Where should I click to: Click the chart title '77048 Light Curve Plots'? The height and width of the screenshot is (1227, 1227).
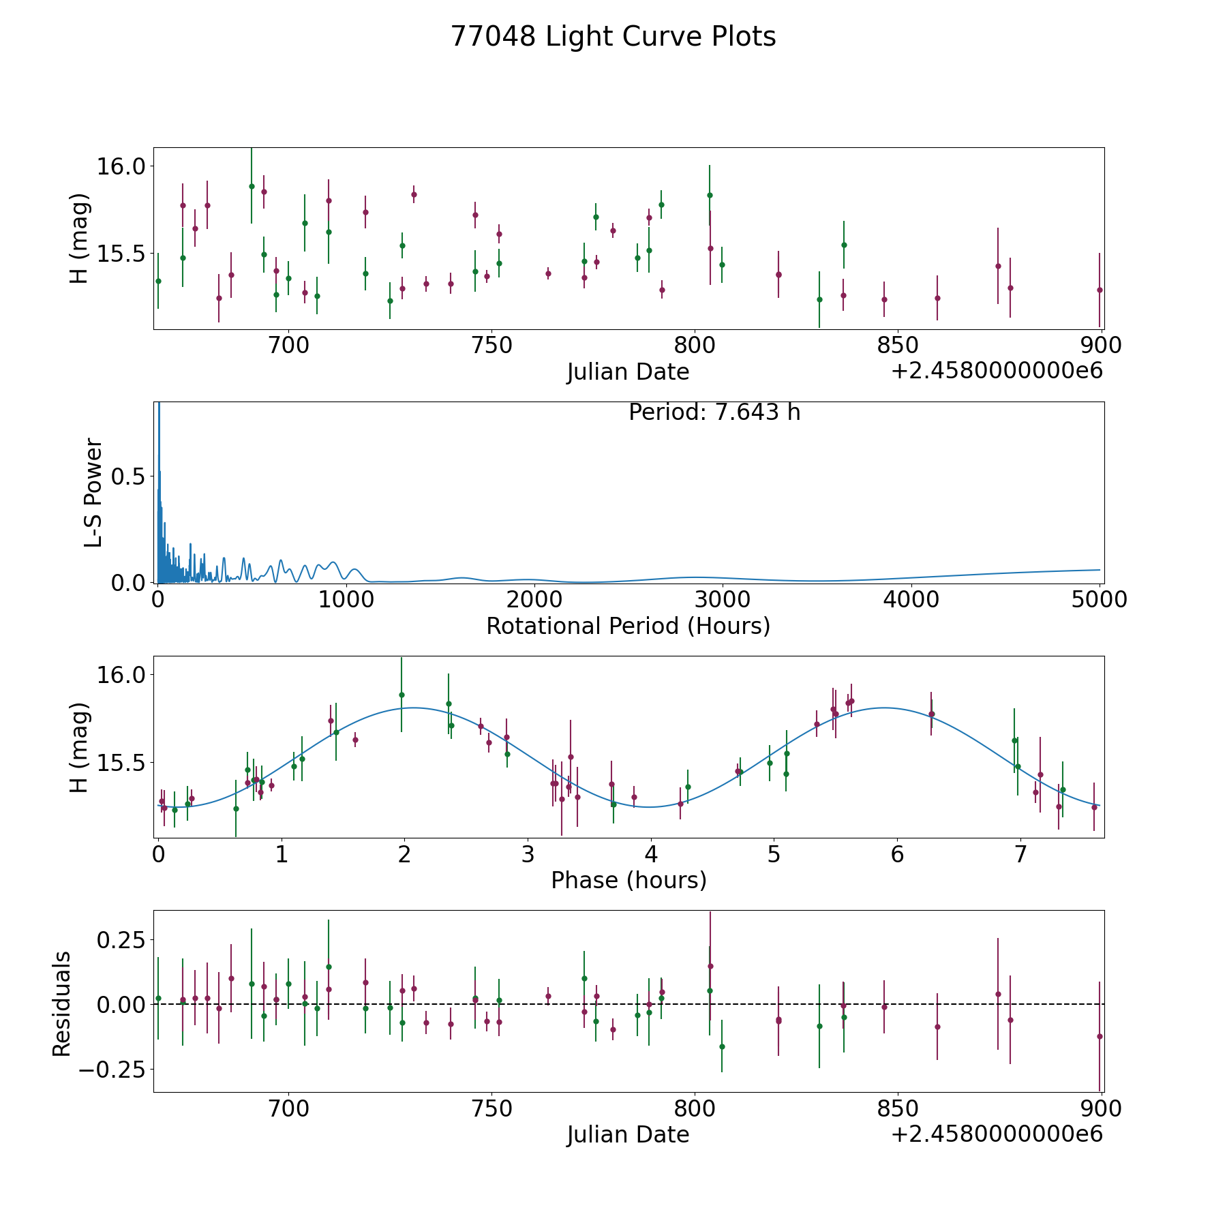pos(613,37)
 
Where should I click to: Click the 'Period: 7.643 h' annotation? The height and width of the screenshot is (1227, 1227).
pos(714,412)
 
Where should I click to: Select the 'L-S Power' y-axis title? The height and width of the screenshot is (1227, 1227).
pos(93,492)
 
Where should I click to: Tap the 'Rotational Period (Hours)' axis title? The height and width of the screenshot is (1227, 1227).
pos(628,626)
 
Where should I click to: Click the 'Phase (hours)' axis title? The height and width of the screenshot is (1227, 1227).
pos(628,880)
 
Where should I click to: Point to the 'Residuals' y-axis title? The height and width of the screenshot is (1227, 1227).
pos(62,1003)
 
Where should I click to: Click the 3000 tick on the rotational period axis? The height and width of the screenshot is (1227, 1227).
pos(723,599)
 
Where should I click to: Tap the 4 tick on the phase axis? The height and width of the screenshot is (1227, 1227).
pos(651,854)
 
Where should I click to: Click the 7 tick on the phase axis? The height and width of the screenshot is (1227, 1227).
pos(1020,854)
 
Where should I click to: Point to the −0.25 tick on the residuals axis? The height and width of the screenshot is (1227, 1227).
pos(112,1069)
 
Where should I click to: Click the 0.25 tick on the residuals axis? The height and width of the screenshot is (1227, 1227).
pos(121,940)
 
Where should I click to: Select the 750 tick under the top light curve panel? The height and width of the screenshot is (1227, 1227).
pos(491,346)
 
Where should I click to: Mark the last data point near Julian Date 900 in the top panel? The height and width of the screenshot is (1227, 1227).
pos(1100,290)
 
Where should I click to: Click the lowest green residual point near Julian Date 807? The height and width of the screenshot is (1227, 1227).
pos(722,1046)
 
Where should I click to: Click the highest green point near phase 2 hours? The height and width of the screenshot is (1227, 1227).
pos(402,695)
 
